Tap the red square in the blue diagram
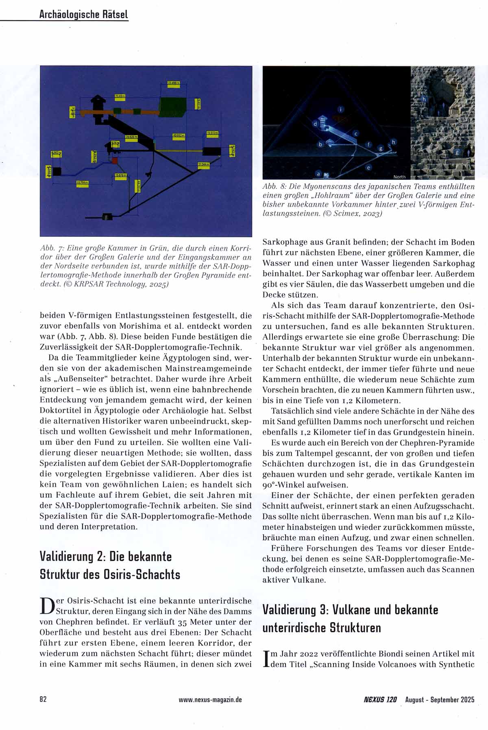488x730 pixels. tap(115, 161)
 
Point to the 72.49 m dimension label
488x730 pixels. tap(120, 96)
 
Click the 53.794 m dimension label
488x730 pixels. tap(83, 183)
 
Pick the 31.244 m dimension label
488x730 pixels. tap(203, 164)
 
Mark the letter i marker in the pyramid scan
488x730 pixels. tap(341, 109)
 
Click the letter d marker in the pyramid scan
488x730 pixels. tap(314, 124)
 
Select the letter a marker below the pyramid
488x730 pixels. tap(318, 174)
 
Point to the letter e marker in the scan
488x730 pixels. tap(368, 167)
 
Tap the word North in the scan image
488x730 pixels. tap(399, 177)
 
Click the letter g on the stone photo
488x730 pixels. tap(457, 153)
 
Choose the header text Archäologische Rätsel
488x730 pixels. tap(83, 15)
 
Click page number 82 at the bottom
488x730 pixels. tap(43, 699)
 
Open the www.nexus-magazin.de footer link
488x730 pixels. tap(210, 700)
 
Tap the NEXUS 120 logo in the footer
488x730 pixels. tap(380, 700)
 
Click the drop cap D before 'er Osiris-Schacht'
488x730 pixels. tap(47, 606)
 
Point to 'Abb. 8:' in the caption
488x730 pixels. tap(275, 186)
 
